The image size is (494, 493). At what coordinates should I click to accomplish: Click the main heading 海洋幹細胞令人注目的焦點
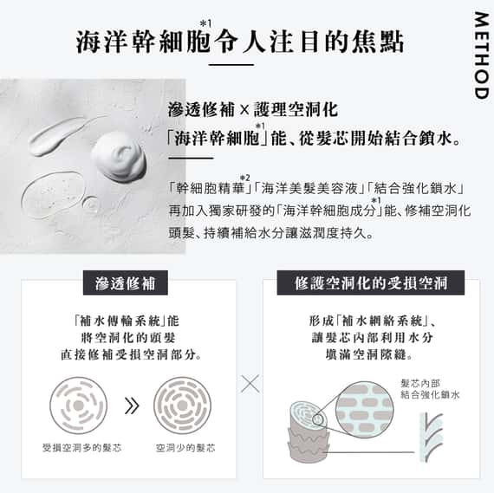(x=240, y=42)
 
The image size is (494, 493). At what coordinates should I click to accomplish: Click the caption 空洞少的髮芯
(x=185, y=448)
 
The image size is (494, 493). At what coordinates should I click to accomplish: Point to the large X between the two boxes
(x=249, y=383)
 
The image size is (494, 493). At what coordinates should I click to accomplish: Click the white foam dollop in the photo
(x=119, y=152)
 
